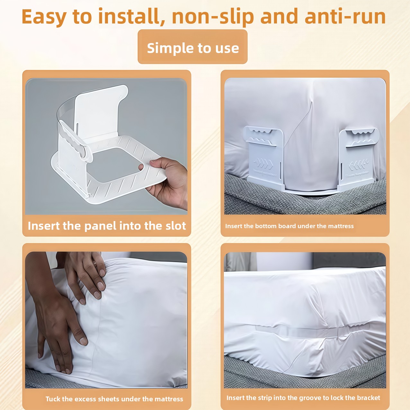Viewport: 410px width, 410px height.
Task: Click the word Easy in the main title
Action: pos(44,17)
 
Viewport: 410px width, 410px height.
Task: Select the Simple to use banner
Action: pos(192,47)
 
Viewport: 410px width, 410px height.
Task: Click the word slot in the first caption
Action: pos(175,226)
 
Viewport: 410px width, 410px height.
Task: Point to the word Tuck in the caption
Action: pos(53,399)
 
